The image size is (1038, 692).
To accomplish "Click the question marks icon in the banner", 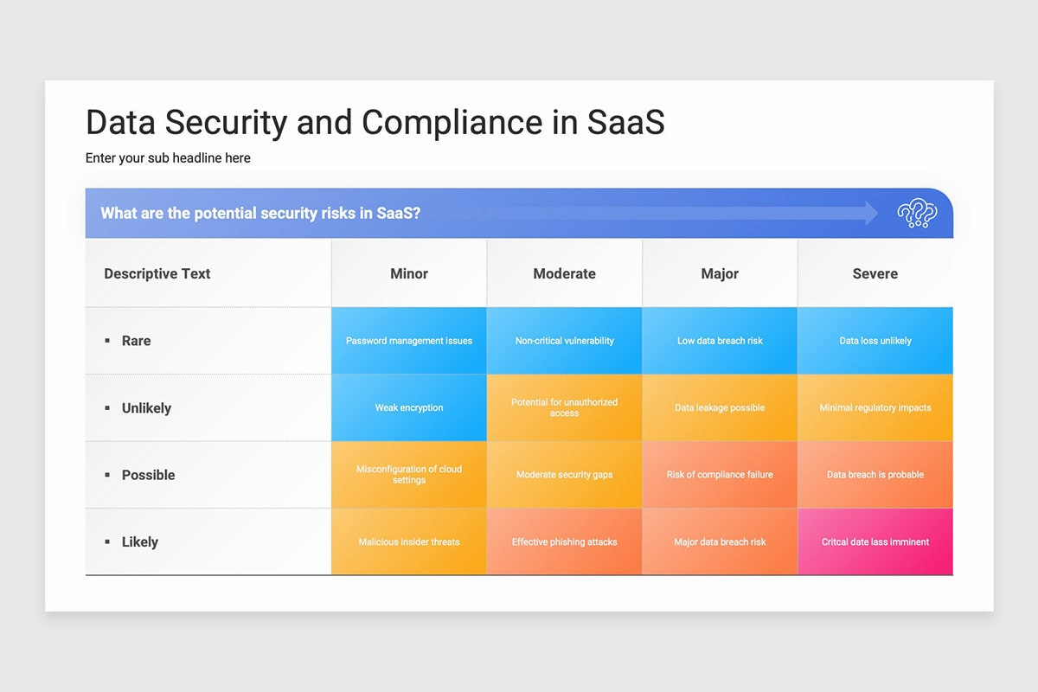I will (x=916, y=213).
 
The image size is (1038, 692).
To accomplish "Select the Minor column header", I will (x=409, y=273).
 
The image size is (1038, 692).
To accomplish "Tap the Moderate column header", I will (x=564, y=273).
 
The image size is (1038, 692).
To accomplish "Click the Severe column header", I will (x=875, y=273).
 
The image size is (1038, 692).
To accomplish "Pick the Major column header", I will (x=720, y=273).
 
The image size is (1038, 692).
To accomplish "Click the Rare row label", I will (x=136, y=341).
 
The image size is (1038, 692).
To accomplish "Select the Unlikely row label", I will (x=146, y=408).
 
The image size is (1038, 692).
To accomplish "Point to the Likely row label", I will (x=139, y=542).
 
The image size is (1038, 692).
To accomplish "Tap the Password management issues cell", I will (x=409, y=341).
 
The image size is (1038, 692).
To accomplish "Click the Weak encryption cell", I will (x=409, y=408).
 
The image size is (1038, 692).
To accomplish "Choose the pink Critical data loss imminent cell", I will (x=875, y=542).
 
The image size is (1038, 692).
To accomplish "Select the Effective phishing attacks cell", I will (x=564, y=542).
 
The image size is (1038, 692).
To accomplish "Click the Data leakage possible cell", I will (x=720, y=408).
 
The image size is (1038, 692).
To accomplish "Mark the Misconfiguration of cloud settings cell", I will (x=409, y=475).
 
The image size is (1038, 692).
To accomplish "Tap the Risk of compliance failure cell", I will (x=720, y=475).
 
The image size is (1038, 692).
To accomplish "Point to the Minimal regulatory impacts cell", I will (x=875, y=408).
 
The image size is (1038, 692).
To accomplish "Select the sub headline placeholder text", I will (x=168, y=158).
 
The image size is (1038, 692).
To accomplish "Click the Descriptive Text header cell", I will (x=157, y=273).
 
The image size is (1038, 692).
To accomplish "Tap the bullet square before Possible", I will (x=107, y=475).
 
